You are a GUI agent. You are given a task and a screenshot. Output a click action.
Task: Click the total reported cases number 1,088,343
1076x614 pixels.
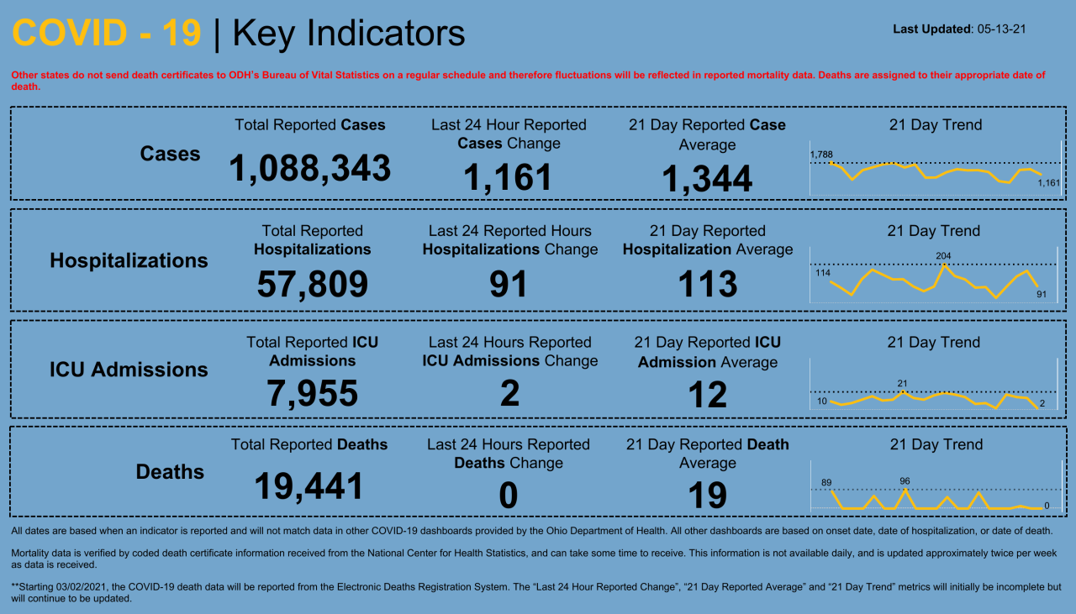[x=309, y=169]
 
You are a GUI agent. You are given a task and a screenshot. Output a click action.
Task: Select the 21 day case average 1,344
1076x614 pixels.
[x=707, y=179]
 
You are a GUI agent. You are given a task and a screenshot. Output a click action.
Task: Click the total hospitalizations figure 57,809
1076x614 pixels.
[x=312, y=285]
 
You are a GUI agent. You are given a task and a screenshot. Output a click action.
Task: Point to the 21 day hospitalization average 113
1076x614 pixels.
[x=707, y=285]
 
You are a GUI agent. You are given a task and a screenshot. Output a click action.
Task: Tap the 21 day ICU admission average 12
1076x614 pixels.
[x=707, y=395]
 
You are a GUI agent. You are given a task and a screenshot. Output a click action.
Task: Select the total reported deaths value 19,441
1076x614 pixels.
[x=309, y=486]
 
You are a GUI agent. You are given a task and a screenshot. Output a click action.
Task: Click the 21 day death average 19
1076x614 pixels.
[x=707, y=496]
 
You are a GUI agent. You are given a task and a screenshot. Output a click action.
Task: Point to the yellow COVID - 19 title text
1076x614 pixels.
[x=107, y=34]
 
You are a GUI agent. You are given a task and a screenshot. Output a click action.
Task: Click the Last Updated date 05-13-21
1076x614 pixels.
[x=1001, y=29]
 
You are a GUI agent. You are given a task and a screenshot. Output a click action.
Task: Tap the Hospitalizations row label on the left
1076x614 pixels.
[x=129, y=261]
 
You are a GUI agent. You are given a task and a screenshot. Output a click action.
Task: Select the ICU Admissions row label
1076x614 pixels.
[x=129, y=370]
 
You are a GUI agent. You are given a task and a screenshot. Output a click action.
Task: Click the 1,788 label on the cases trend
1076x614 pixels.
[x=820, y=154]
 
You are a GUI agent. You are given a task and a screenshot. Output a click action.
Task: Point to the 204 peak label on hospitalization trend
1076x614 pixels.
[x=943, y=255]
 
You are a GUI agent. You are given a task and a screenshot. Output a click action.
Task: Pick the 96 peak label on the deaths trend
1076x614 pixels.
[x=905, y=481]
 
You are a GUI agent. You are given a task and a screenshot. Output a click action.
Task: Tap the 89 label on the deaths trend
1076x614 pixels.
[x=826, y=482]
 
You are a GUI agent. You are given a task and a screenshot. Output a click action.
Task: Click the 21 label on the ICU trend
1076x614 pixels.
[x=902, y=383]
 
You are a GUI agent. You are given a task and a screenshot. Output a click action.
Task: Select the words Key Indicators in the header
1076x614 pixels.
[x=348, y=34]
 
